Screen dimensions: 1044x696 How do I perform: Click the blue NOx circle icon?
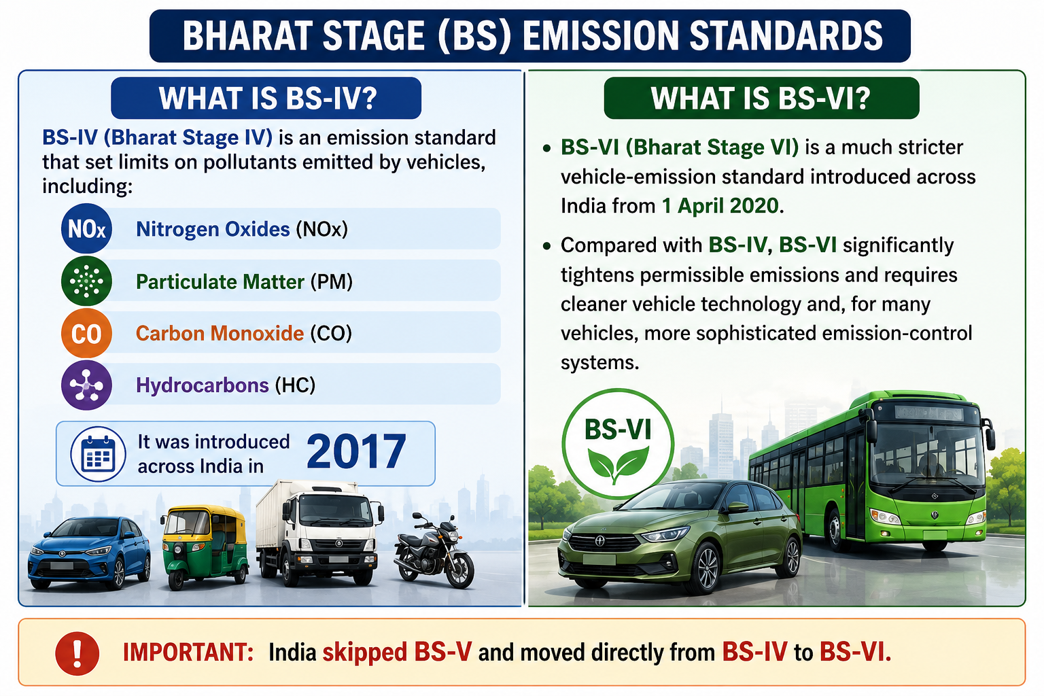[x=87, y=228]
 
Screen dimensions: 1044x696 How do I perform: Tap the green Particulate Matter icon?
[x=87, y=281]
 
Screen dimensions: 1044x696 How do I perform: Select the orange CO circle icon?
[x=87, y=333]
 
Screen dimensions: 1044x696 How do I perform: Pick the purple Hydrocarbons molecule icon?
[x=87, y=385]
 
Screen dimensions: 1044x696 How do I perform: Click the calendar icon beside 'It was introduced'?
[x=98, y=453]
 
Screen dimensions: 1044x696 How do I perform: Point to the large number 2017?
[x=356, y=451]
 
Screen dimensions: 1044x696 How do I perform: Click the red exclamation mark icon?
[x=77, y=654]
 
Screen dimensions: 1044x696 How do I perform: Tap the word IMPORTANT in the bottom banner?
[x=188, y=652]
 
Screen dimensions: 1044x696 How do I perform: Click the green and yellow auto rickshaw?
[x=204, y=546]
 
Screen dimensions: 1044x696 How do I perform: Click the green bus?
[x=871, y=471]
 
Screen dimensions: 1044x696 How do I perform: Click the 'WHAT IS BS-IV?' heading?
[x=266, y=98]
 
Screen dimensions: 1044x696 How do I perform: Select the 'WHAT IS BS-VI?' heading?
[x=761, y=98]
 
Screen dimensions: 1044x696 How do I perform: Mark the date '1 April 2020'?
[x=720, y=205]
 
